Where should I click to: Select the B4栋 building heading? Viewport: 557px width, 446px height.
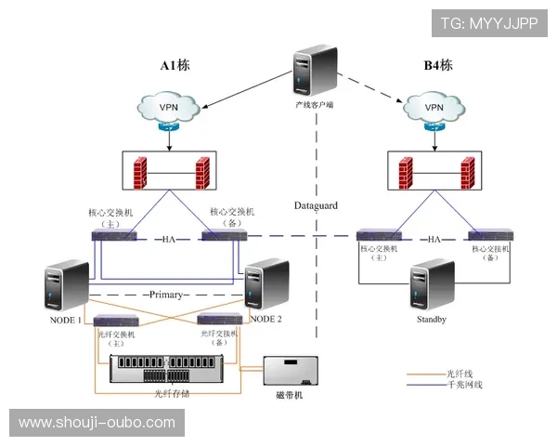coord(437,66)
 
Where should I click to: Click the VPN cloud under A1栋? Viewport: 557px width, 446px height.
coord(169,108)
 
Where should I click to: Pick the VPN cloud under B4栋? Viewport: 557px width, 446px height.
coord(433,108)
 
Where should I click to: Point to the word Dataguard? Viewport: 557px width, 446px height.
coord(316,204)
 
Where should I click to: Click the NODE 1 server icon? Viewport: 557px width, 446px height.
coord(65,285)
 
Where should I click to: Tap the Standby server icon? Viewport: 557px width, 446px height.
coord(433,285)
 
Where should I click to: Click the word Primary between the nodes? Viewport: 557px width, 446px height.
coord(166,295)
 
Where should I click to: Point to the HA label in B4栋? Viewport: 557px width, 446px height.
coord(434,239)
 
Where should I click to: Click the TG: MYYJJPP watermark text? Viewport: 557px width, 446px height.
coord(488,22)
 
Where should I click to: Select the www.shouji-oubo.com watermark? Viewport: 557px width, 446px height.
coord(97,423)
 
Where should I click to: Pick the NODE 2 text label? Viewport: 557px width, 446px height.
coord(266,320)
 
